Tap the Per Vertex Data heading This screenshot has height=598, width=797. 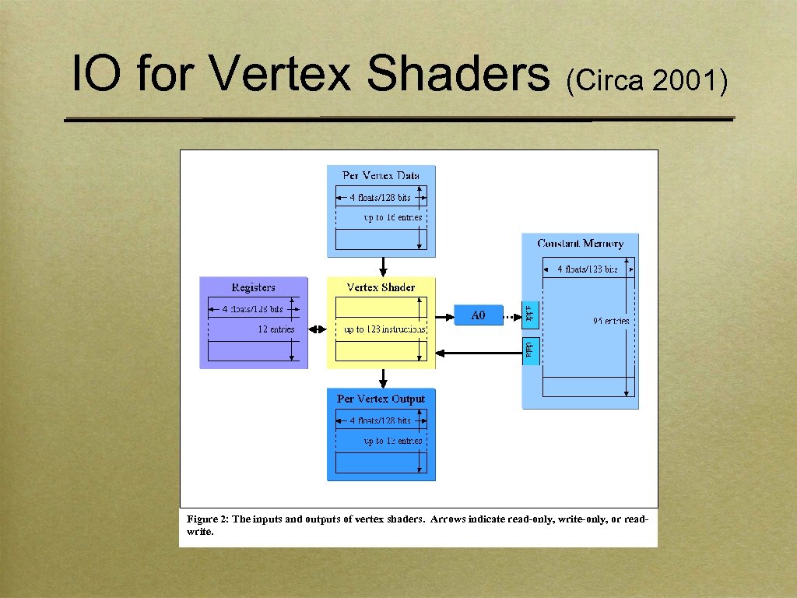click(x=381, y=175)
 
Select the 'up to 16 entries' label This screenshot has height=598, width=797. click(x=393, y=217)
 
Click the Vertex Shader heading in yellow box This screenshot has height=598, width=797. click(x=381, y=287)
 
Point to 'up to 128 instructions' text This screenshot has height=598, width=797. click(x=384, y=329)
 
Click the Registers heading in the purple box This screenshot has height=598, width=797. click(x=253, y=287)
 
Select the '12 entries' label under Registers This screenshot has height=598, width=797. click(x=276, y=329)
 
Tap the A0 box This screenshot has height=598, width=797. click(x=478, y=315)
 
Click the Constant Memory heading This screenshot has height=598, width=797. click(x=580, y=244)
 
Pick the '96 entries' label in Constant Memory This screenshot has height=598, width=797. click(x=610, y=321)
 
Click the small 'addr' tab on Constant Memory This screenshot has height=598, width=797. click(x=529, y=315)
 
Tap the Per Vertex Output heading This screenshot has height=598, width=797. click(x=381, y=399)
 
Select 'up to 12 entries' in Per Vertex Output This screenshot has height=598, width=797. click(x=393, y=441)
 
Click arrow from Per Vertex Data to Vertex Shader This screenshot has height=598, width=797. click(x=382, y=266)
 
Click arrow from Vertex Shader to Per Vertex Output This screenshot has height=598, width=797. click(x=382, y=378)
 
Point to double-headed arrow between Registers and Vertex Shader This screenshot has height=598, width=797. click(x=318, y=329)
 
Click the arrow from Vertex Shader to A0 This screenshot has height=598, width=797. click(x=444, y=316)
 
